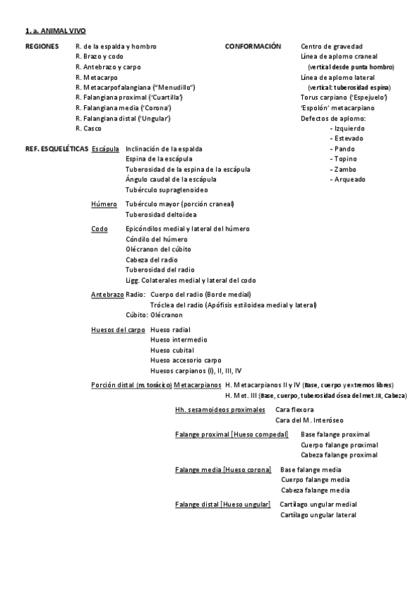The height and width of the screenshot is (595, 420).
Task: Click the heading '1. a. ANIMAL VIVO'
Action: (x=55, y=32)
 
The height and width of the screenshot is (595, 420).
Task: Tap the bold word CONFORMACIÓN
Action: (x=248, y=46)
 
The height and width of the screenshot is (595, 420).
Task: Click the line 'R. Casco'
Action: (x=88, y=128)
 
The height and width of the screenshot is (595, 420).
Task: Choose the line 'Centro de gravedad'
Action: (x=332, y=46)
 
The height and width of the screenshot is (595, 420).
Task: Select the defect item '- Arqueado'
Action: (x=348, y=180)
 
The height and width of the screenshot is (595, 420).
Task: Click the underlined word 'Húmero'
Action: (x=104, y=204)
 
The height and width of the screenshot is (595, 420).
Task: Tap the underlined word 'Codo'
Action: (x=100, y=229)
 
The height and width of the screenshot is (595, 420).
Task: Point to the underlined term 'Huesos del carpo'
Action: (x=118, y=329)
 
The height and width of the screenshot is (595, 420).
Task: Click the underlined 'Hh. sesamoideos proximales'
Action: (x=220, y=409)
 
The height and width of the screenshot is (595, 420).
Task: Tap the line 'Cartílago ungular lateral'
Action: (x=318, y=515)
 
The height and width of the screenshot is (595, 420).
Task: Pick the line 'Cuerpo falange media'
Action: (x=315, y=479)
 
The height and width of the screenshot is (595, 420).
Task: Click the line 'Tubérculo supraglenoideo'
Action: (x=166, y=189)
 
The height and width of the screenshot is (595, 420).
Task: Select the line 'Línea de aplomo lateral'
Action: (x=337, y=77)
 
